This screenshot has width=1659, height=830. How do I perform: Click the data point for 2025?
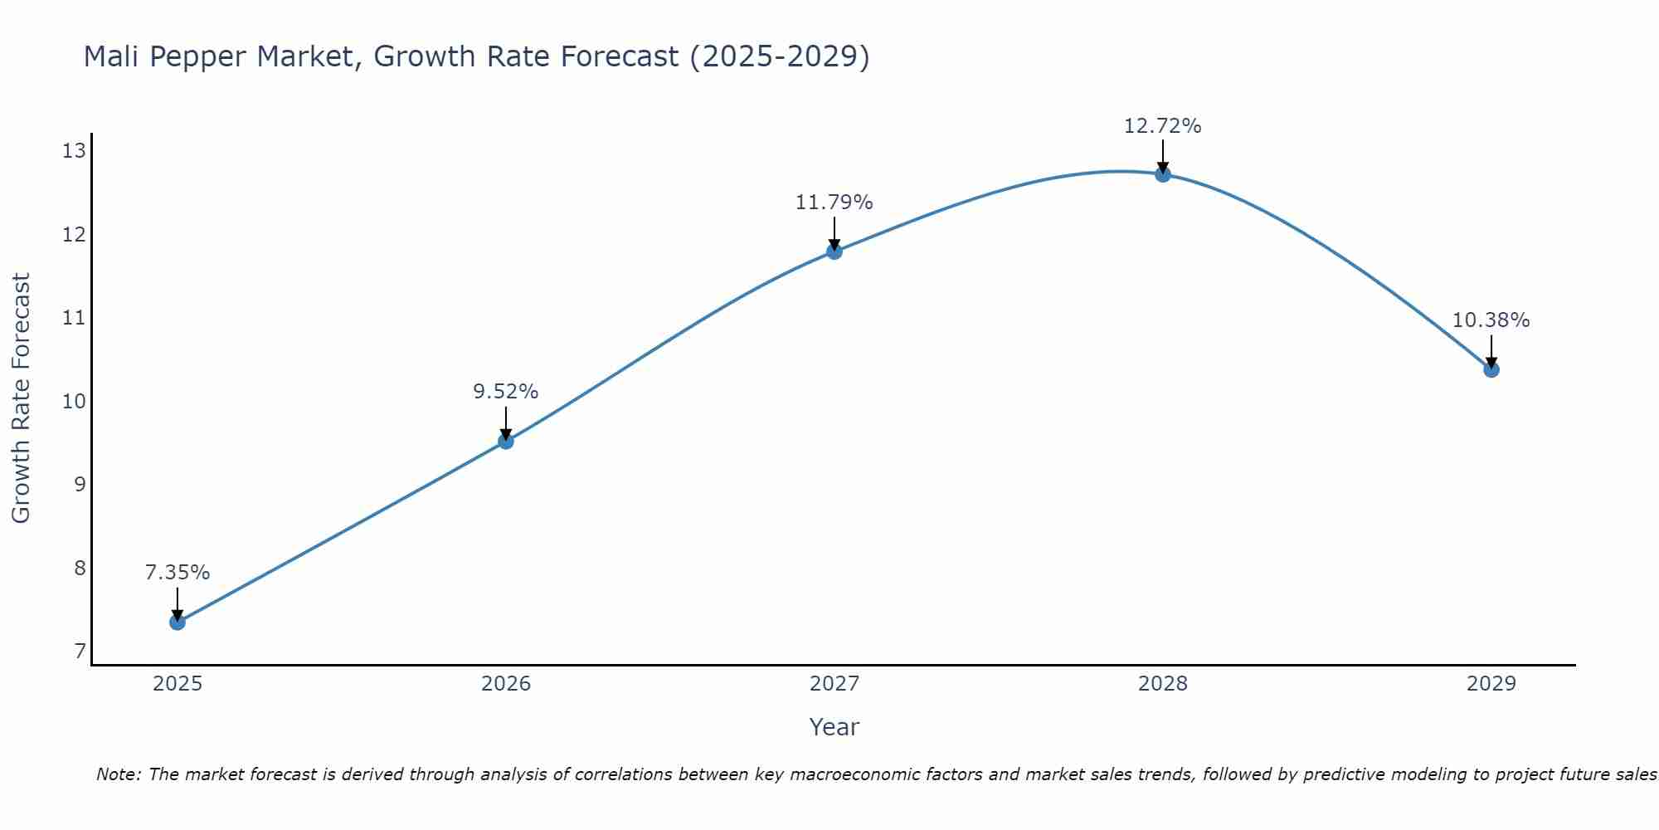tap(178, 622)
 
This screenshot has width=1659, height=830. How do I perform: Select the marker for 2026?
tap(506, 441)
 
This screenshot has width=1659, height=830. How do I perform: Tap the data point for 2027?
tap(834, 251)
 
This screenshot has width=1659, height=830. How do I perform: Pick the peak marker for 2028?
tap(1163, 173)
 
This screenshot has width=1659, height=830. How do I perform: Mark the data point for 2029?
tap(1491, 369)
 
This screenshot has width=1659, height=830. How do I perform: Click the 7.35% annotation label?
tap(178, 573)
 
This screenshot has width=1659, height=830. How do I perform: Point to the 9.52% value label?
tap(506, 392)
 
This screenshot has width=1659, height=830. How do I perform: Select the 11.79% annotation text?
tap(834, 203)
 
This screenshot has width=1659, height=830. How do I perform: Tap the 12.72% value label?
tap(1163, 126)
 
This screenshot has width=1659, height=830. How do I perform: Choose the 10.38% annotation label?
tap(1491, 320)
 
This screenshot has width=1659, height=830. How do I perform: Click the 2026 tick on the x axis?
tap(506, 684)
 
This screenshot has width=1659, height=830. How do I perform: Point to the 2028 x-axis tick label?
tap(1163, 684)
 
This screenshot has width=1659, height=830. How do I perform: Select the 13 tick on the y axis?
tap(75, 150)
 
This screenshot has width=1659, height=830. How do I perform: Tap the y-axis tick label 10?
tap(75, 401)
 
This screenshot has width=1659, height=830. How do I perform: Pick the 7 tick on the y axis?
tap(80, 652)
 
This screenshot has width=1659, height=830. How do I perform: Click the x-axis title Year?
tap(834, 727)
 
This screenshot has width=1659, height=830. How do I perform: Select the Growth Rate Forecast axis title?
tap(22, 398)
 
